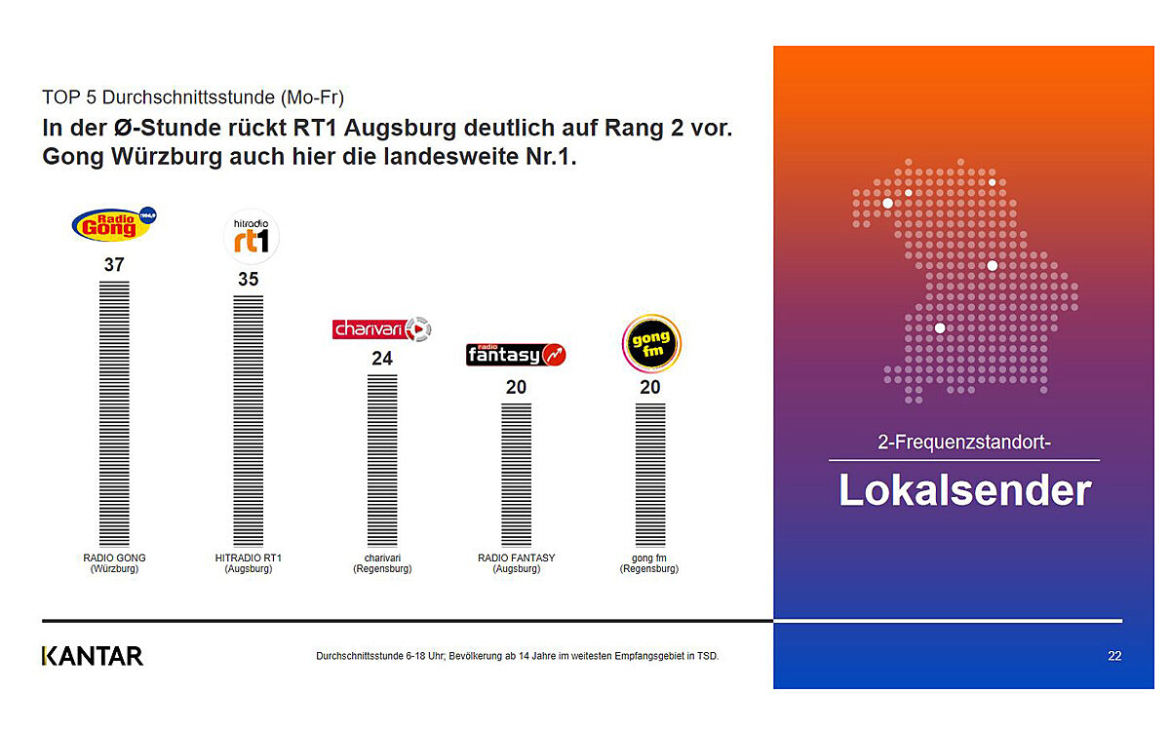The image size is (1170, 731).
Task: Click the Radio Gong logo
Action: pos(114,224)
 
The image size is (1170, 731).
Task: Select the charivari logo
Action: pos(381,329)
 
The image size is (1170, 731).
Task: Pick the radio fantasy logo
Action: pos(516,355)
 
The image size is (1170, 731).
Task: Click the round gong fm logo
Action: pos(650,344)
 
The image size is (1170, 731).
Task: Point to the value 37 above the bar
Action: pos(114,265)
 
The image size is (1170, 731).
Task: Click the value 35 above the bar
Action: pos(249,280)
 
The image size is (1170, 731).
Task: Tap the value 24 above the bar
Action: pos(382,359)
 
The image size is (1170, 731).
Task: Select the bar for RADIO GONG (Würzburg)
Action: pos(114,414)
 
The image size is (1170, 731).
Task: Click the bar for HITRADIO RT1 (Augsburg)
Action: pos(249,421)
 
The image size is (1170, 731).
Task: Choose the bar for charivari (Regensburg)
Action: pos(382,460)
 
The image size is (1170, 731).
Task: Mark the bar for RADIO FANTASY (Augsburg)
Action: pos(516,475)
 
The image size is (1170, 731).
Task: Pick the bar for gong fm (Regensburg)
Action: pos(650,475)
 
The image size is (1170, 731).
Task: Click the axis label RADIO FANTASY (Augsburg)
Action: pos(516,563)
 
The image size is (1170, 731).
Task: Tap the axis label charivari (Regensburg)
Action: pos(382,563)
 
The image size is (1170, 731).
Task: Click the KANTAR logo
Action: pos(93,656)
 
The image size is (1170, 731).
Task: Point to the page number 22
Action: pos(1114,656)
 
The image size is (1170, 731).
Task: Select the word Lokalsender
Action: pos(964,490)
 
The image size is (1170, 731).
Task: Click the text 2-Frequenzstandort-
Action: pos(963,443)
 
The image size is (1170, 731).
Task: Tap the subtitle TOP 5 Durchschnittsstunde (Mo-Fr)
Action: pos(193,97)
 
